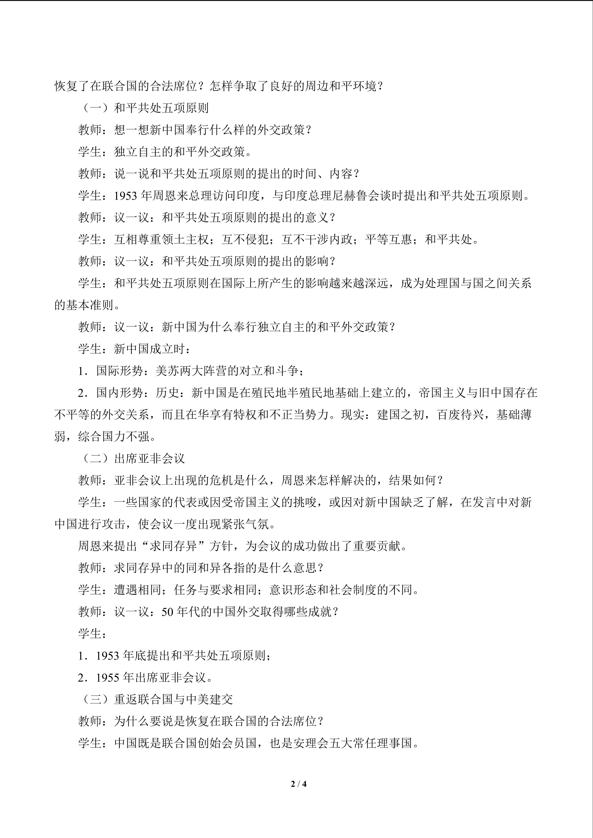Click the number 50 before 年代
[x=167, y=612]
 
